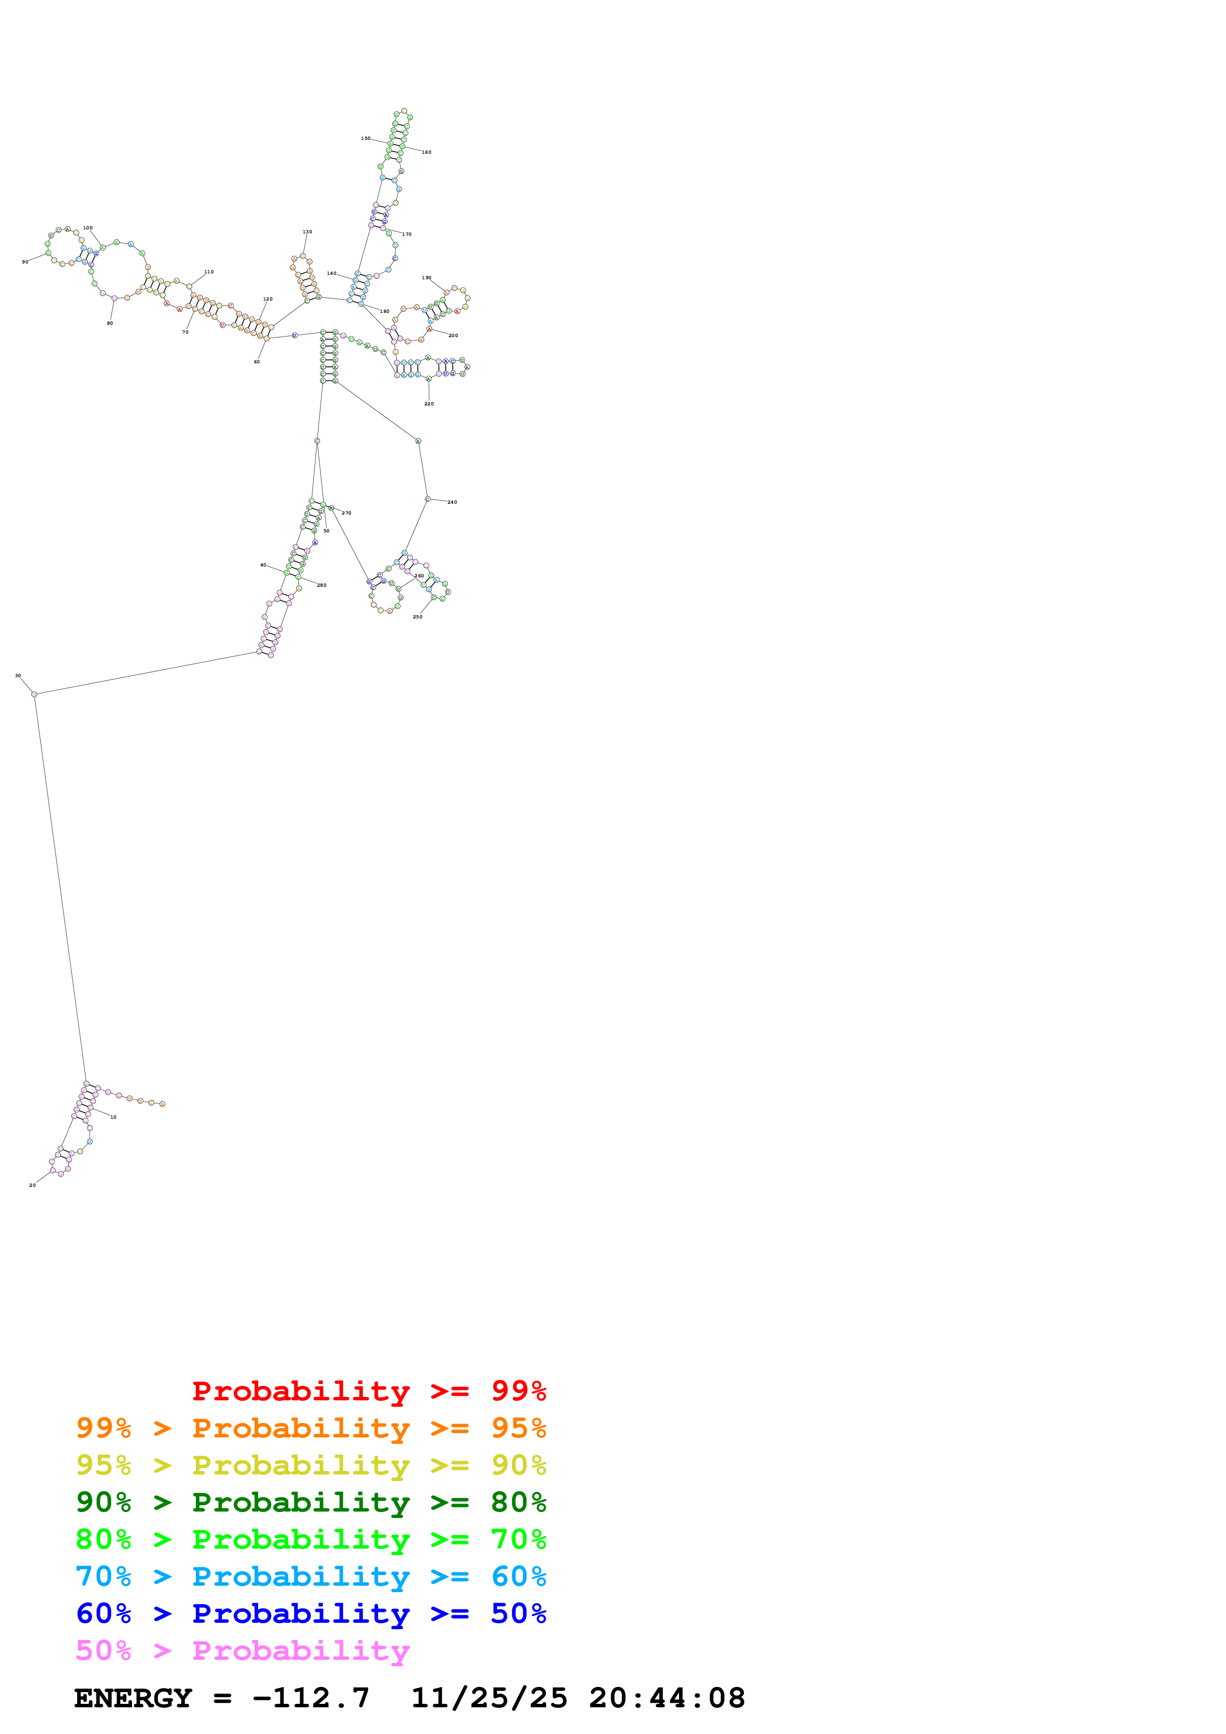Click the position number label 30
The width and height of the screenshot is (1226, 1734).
pyautogui.click(x=18, y=676)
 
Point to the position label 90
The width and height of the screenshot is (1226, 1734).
pyautogui.click(x=25, y=262)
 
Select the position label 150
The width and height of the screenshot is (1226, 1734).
pyautogui.click(x=365, y=138)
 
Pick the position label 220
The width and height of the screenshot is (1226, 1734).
pyautogui.click(x=429, y=404)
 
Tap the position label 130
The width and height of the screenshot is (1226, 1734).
pyautogui.click(x=308, y=232)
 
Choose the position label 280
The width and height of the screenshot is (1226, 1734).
pyautogui.click(x=322, y=585)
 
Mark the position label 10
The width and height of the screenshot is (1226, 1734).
pyautogui.click(x=113, y=1117)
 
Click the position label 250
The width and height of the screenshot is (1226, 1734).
pyautogui.click(x=418, y=617)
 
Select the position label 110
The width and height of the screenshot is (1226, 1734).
pyautogui.click(x=209, y=272)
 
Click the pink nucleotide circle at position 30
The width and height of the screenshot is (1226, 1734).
pyautogui.click(x=34, y=694)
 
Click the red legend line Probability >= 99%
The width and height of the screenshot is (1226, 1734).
pyautogui.click(x=368, y=1390)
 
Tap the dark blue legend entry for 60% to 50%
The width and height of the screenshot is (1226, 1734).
pyautogui.click(x=311, y=1613)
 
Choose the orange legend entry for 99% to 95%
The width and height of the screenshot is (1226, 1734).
pyautogui.click(x=311, y=1428)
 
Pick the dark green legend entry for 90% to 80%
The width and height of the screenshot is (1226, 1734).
pyautogui.click(x=311, y=1502)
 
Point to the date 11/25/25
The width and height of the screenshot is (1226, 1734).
pyautogui.click(x=489, y=1698)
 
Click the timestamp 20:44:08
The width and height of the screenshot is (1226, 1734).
pyautogui.click(x=667, y=1698)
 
